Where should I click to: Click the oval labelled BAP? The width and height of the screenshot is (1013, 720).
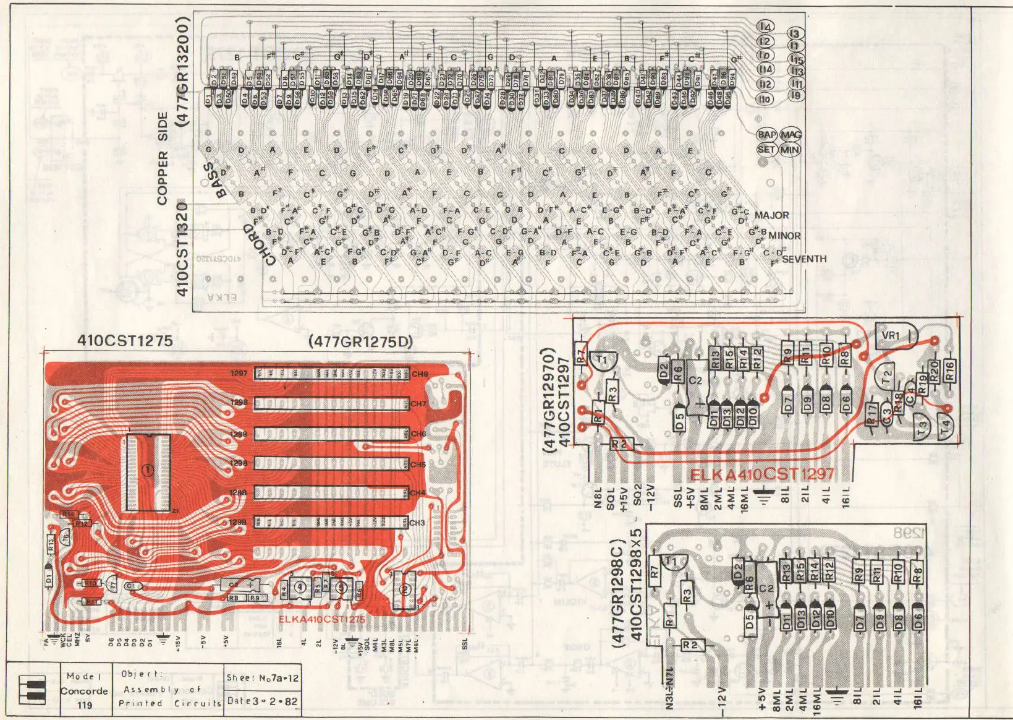point(766,134)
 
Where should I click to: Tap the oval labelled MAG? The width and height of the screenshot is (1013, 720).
point(790,134)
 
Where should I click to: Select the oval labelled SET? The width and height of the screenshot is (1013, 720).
point(766,149)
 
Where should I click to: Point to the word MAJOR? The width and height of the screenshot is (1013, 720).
point(771,215)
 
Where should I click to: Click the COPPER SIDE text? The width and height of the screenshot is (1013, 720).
point(163,158)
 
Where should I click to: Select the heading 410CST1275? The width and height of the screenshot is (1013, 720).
point(125,340)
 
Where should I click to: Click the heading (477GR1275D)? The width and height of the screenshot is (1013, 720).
point(360,341)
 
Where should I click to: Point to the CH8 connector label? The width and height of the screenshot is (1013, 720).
point(420,374)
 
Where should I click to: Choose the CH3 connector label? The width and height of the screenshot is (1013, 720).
point(418,523)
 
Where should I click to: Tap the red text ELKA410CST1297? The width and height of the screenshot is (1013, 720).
point(761,475)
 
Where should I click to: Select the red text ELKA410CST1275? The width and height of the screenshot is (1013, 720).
point(321,619)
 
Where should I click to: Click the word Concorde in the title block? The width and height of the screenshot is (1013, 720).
point(84,691)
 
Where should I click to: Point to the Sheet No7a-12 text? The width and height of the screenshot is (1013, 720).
point(262,678)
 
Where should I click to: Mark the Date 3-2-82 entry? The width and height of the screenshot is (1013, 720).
point(262,701)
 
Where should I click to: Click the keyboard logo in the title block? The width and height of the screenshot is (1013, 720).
point(33,690)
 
